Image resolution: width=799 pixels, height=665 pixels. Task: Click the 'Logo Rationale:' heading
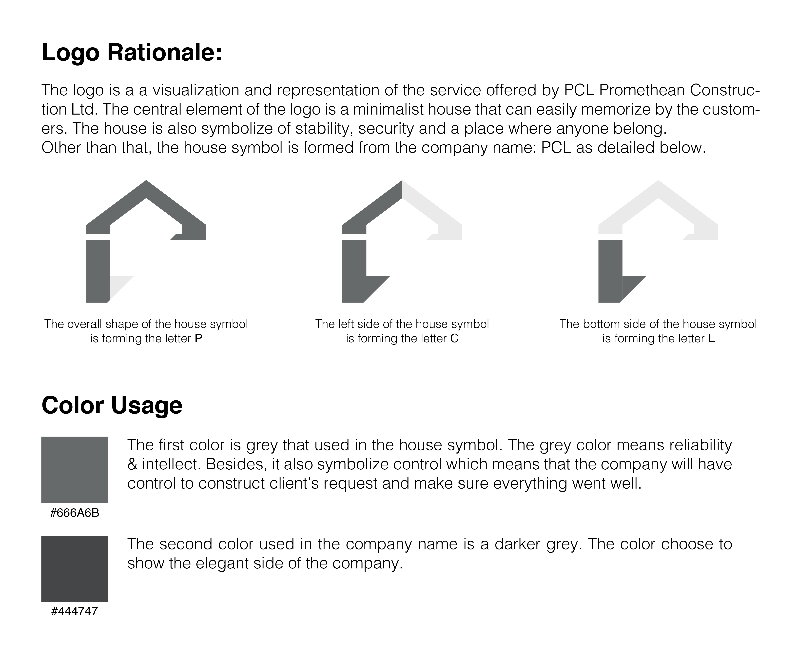click(x=132, y=53)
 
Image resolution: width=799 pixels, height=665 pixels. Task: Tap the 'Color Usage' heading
click(x=112, y=406)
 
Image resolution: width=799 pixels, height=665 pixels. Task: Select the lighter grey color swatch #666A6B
click(x=75, y=470)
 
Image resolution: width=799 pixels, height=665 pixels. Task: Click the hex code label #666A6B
click(x=75, y=513)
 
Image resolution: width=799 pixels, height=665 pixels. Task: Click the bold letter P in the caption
click(x=198, y=339)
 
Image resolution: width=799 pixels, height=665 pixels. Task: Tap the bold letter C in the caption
click(x=454, y=339)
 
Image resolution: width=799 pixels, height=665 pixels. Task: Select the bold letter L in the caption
click(x=711, y=339)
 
